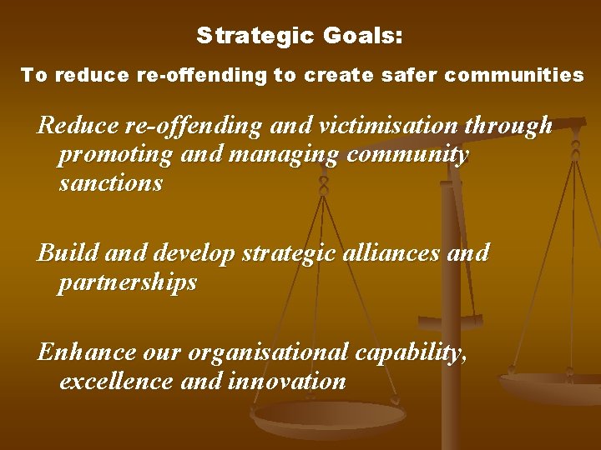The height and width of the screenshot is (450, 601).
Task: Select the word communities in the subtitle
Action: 514,75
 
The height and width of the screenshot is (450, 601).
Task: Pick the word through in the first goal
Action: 511,125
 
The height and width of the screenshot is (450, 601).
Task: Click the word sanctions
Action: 111,182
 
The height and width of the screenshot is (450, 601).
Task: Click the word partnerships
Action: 128,282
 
